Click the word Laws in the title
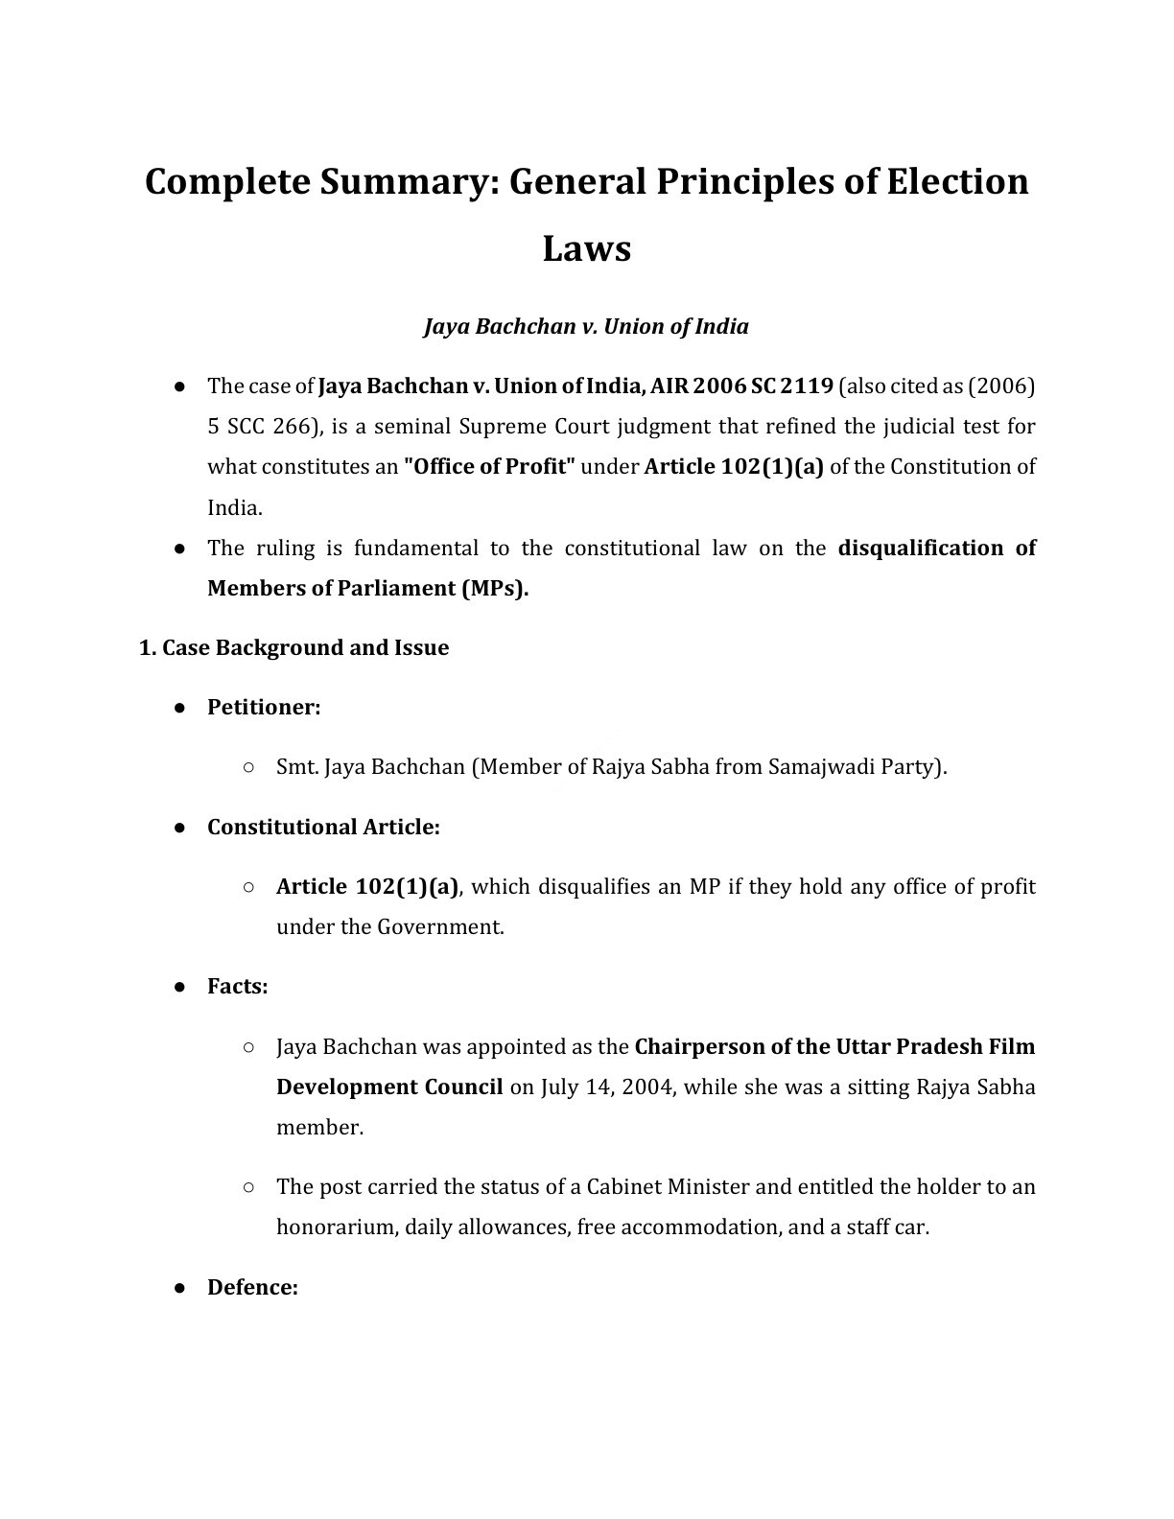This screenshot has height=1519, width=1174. tap(586, 248)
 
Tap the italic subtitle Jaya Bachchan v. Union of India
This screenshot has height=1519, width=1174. tap(586, 327)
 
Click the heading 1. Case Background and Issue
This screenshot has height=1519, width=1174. tap(293, 648)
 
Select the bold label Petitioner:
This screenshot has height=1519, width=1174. tap(264, 708)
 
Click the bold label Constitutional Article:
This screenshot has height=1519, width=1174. tap(323, 828)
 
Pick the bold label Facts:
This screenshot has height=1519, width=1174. tap(237, 987)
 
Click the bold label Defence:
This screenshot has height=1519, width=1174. tap(252, 1288)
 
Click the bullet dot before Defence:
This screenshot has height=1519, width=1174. tap(179, 1288)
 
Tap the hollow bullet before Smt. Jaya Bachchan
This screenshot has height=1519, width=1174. tap(248, 767)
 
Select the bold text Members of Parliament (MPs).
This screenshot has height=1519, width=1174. tap(367, 589)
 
